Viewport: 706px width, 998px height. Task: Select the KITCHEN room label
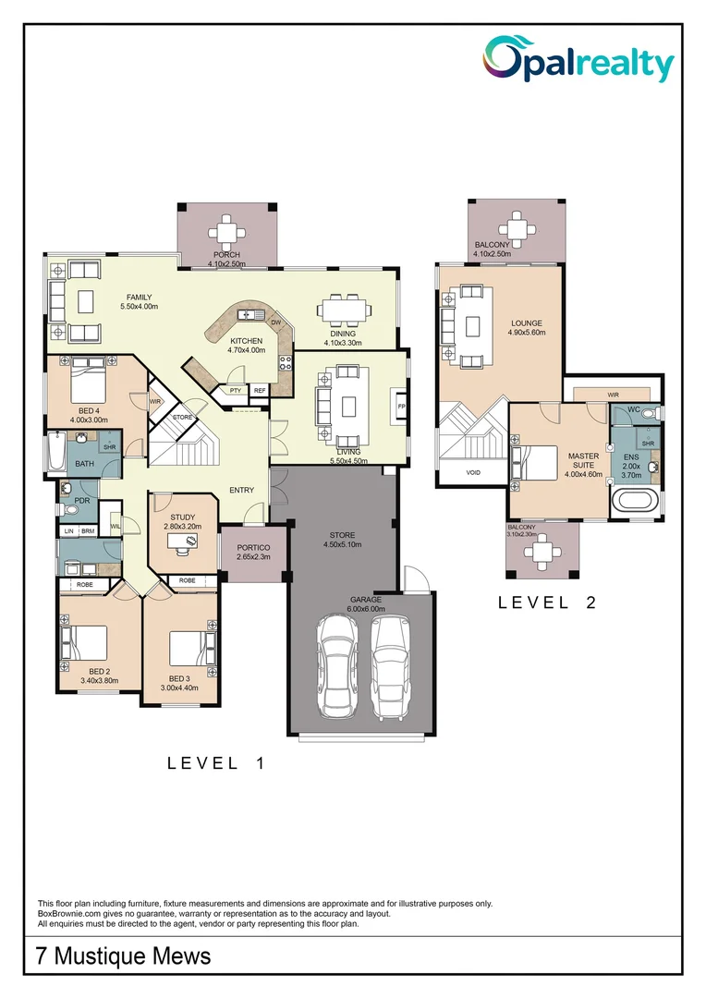pyautogui.click(x=247, y=341)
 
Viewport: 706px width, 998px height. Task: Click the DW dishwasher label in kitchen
pyautogui.click(x=275, y=322)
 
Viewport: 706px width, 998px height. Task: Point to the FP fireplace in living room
pyautogui.click(x=401, y=407)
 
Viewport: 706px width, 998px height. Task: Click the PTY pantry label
pyautogui.click(x=236, y=391)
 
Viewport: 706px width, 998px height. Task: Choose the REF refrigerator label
pyautogui.click(x=260, y=391)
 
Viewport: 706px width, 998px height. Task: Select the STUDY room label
pyautogui.click(x=182, y=517)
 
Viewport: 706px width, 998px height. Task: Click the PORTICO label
pyautogui.click(x=252, y=547)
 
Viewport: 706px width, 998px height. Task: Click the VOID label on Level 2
pyautogui.click(x=473, y=472)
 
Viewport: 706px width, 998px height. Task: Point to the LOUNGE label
pyautogui.click(x=526, y=323)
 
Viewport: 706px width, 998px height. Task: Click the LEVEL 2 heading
pyautogui.click(x=547, y=602)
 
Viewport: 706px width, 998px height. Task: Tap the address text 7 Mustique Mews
pyautogui.click(x=123, y=955)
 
